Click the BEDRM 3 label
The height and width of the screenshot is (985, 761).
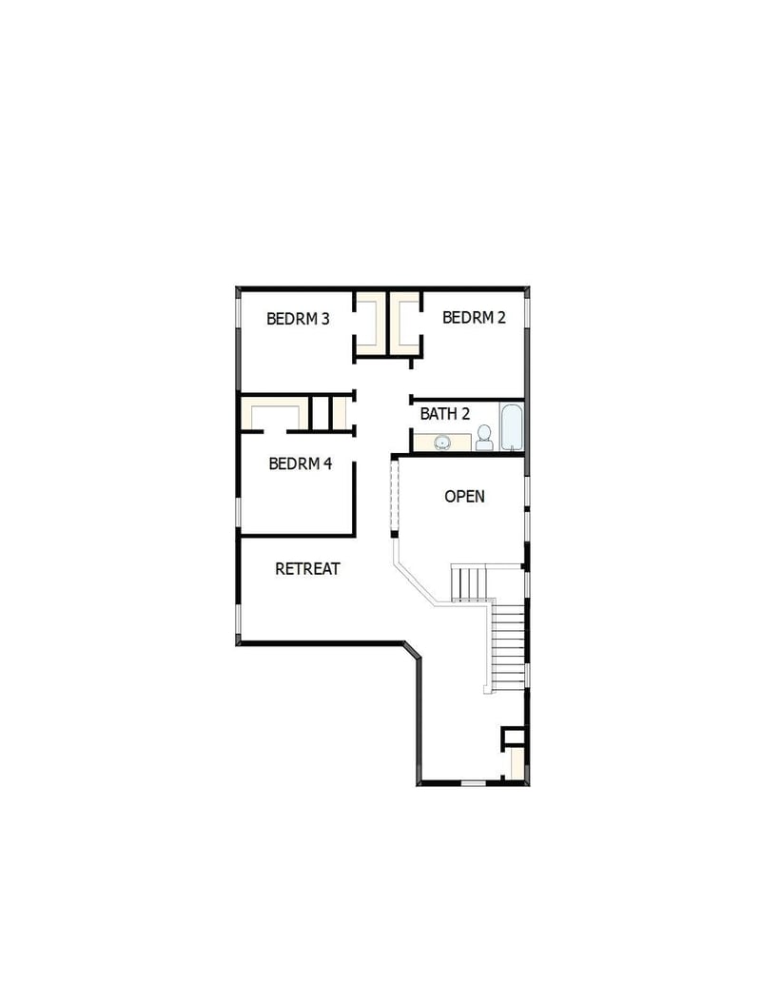point(298,319)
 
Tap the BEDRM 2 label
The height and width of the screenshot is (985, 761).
point(474,317)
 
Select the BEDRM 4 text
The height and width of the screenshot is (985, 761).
point(301,463)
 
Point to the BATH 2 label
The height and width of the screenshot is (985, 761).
point(445,414)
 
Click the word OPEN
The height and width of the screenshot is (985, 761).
point(465,496)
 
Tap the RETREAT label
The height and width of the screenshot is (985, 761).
point(307,568)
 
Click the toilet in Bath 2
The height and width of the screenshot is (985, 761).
point(484,438)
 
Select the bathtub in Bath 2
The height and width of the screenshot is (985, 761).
point(512,427)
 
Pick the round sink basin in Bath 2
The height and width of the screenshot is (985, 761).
point(442,442)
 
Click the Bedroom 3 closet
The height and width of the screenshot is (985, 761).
point(371,322)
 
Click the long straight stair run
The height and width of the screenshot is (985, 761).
point(508,647)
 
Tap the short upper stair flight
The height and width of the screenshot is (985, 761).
point(468,582)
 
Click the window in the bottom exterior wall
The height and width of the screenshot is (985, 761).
point(473,783)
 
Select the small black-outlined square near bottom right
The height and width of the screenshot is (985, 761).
point(514,736)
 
